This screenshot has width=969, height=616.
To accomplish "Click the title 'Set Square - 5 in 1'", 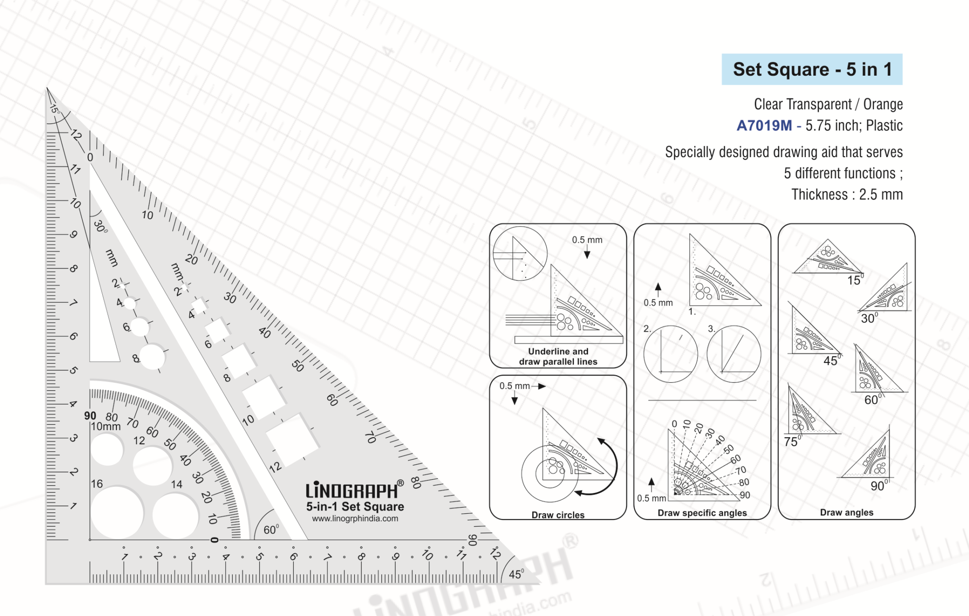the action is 812,70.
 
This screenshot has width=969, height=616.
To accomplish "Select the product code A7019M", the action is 764,125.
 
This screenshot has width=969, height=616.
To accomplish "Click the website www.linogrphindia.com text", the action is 355,519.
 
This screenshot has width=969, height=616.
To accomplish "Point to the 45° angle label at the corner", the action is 516,574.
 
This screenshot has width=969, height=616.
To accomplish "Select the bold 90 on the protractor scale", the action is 90,416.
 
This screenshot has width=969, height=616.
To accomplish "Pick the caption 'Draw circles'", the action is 558,515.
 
